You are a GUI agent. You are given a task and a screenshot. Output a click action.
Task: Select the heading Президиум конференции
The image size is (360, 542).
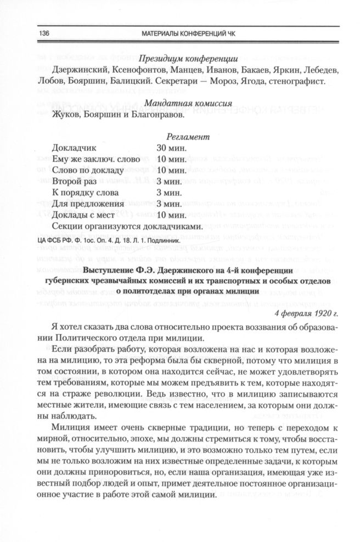188,59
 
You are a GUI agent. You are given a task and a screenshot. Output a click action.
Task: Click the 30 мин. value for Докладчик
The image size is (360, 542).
171,148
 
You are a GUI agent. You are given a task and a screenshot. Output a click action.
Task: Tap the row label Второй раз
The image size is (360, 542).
72,180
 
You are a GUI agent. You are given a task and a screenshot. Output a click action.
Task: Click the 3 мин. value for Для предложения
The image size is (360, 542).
169,204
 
